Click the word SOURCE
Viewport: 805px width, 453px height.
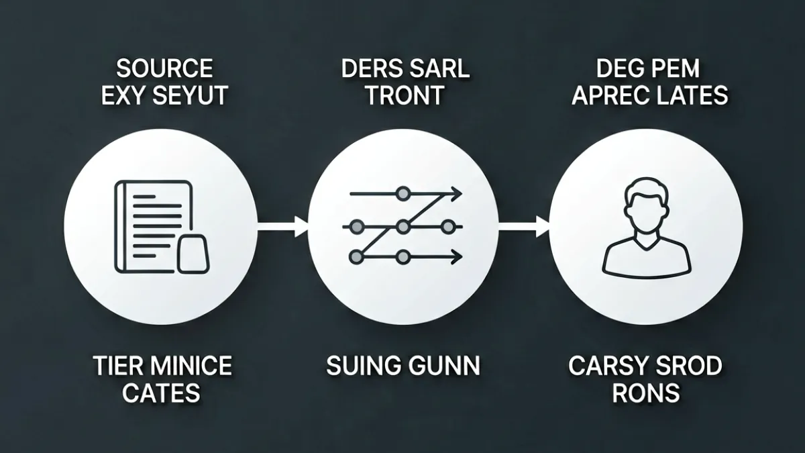[x=164, y=68]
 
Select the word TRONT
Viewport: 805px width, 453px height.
[x=405, y=95]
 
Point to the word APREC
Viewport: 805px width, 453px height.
[x=613, y=95]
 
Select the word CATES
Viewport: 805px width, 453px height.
[x=162, y=393]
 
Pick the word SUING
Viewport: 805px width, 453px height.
[x=364, y=366]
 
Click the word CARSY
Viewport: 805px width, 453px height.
[x=607, y=366]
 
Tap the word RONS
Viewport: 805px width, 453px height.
[x=646, y=393]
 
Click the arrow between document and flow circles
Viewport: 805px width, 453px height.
[x=283, y=227]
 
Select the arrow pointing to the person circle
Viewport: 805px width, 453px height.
[x=524, y=227]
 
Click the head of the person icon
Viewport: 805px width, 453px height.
[x=647, y=204]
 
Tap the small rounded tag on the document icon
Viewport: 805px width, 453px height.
[x=193, y=254]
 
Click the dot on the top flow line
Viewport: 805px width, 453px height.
[x=403, y=194]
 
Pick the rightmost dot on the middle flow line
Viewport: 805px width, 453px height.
[x=447, y=227]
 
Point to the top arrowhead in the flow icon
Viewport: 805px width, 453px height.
[x=457, y=194]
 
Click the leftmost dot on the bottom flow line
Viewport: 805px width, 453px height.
[x=356, y=256]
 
